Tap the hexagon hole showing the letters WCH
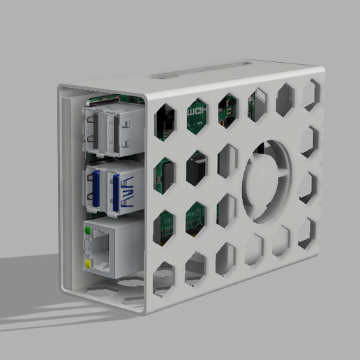(x=197, y=116)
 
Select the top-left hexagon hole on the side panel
(x=165, y=121)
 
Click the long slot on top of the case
(x=199, y=70)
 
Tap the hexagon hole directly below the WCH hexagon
(x=197, y=168)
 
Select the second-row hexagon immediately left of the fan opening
(x=227, y=162)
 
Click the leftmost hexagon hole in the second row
(x=165, y=174)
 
